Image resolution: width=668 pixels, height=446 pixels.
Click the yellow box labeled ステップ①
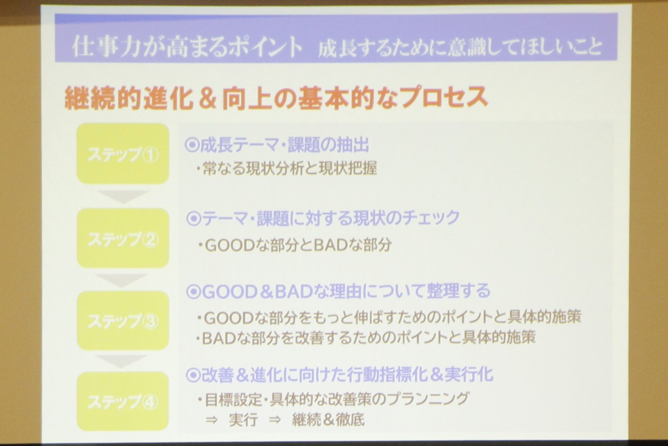[x=123, y=154]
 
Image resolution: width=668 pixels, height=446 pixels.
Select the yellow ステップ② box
[x=123, y=238]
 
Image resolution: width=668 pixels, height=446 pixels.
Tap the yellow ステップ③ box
[x=123, y=321]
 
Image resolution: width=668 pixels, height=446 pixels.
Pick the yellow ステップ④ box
[x=123, y=401]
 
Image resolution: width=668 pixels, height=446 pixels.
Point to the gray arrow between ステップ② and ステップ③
[x=121, y=280]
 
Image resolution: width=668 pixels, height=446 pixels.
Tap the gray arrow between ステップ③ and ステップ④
[x=121, y=361]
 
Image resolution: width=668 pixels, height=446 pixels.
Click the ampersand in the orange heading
[x=208, y=98]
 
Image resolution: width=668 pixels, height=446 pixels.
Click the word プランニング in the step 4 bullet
[x=428, y=399]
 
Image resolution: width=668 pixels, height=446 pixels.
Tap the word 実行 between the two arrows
[x=243, y=420]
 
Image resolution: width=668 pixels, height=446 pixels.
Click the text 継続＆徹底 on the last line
[x=328, y=420]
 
